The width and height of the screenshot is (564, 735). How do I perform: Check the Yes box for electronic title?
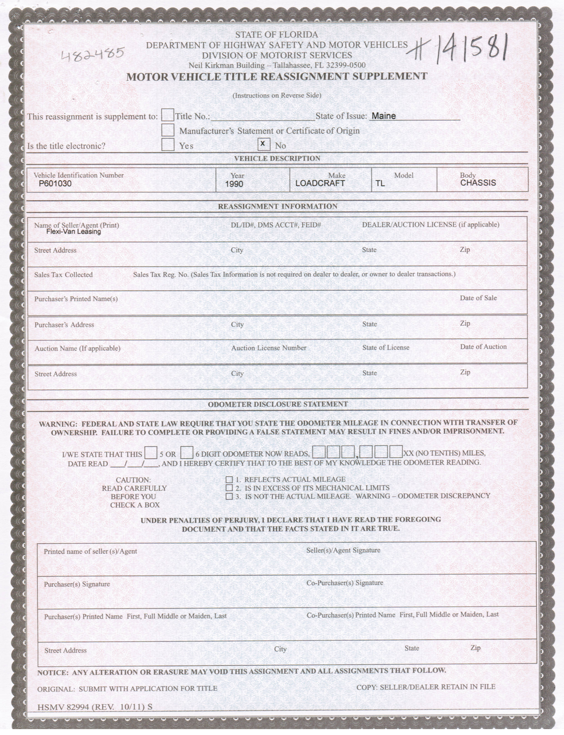pyautogui.click(x=168, y=145)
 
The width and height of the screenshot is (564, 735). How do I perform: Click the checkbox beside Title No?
pyautogui.click(x=168, y=115)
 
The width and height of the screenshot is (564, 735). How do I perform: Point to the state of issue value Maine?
pyautogui.click(x=384, y=116)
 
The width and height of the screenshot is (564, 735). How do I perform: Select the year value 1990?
pyautogui.click(x=234, y=184)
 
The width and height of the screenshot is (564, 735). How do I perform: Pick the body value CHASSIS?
pyautogui.click(x=478, y=183)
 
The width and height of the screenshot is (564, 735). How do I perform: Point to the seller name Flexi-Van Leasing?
pyautogui.click(x=73, y=231)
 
